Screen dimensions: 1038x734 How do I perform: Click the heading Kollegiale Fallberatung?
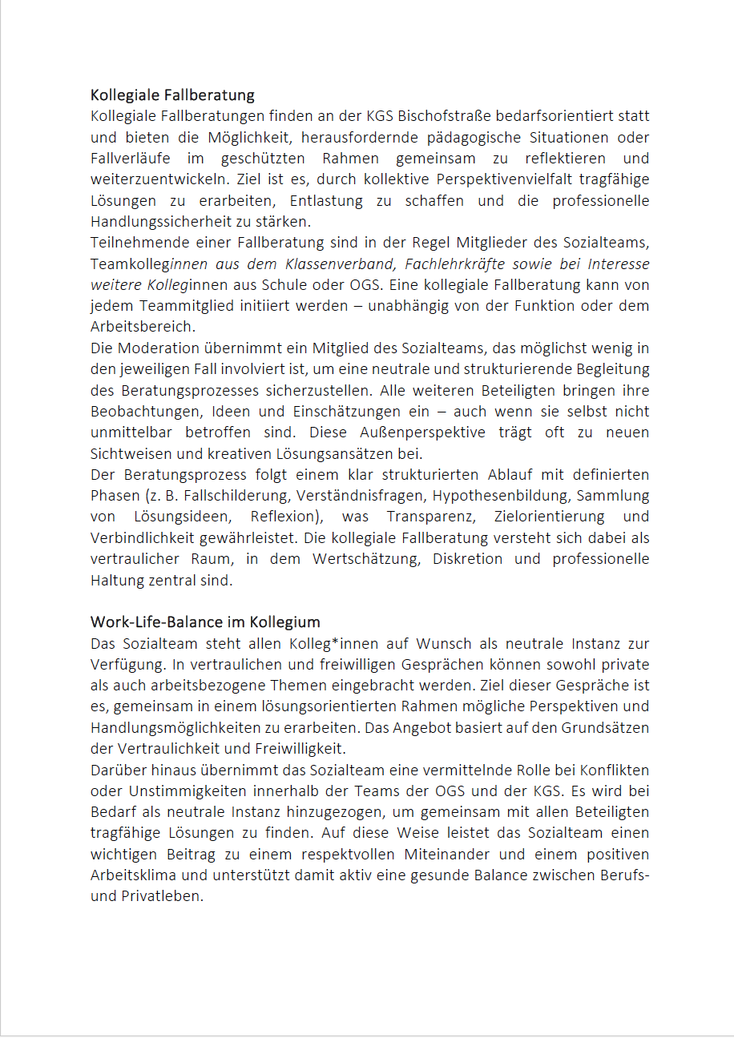[172, 95]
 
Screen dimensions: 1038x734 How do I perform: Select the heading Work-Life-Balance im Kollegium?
[205, 622]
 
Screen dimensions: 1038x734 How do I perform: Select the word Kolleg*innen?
[300, 644]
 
